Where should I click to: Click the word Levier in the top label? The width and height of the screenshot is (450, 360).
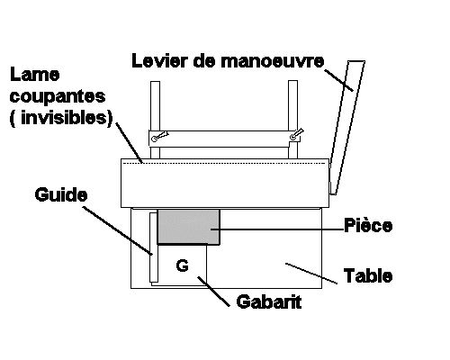point(158,61)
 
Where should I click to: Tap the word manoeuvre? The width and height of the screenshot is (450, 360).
point(273,61)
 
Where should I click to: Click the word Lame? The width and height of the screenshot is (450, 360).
point(34,75)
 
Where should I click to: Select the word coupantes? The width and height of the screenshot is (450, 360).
point(58,97)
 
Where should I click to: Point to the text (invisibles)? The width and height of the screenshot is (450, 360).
point(61,118)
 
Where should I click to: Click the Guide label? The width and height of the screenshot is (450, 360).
point(61,194)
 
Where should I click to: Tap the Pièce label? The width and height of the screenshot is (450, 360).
point(368,225)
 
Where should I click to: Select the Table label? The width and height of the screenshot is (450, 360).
point(368,275)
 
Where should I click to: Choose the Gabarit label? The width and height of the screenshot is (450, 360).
point(269,301)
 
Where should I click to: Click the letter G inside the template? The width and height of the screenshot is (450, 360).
point(183,265)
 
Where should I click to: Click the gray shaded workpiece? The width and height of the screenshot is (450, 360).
point(189,227)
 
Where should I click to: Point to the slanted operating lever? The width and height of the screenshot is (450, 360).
point(347,128)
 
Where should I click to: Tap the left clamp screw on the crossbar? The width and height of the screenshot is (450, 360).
point(159,137)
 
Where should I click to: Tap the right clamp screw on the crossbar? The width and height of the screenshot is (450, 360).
point(296,134)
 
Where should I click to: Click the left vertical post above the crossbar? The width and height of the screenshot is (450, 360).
point(155,106)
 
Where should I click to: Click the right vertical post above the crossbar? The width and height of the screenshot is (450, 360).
point(292,105)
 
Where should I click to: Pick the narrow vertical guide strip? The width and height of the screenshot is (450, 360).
point(153,247)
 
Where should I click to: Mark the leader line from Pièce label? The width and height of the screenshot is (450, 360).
point(277,229)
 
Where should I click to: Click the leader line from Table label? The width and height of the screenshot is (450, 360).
point(311,274)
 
